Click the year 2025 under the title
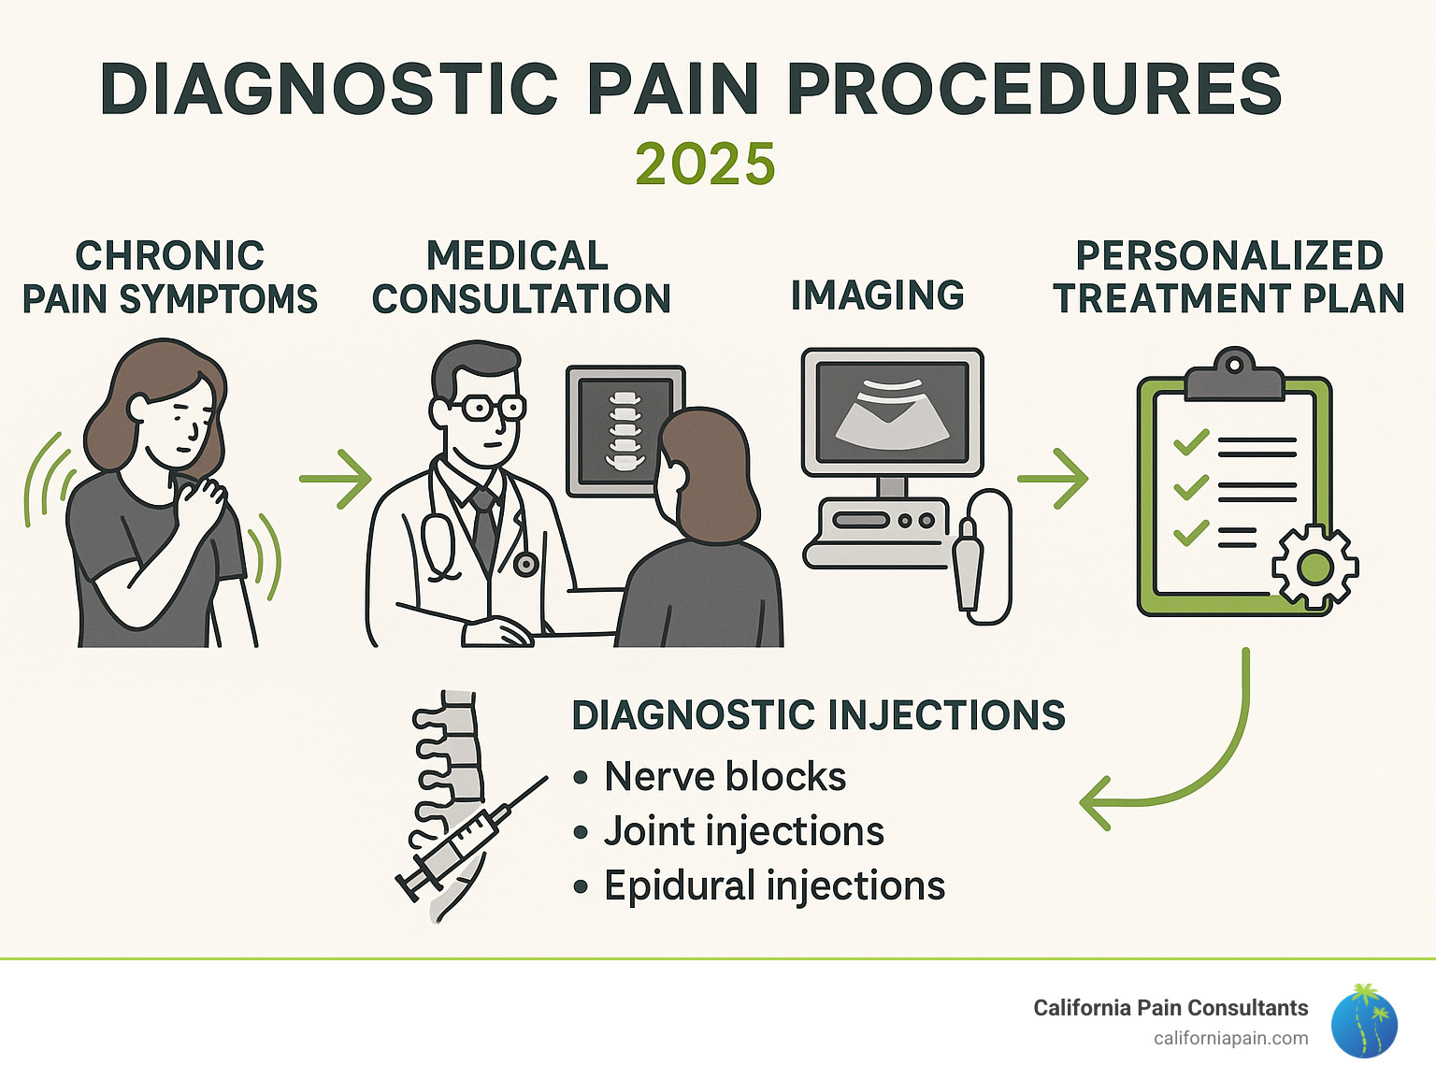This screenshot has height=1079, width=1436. coord(705,165)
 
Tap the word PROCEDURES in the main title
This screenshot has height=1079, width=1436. coord(1034,90)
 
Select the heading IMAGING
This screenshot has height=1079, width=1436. coord(877,295)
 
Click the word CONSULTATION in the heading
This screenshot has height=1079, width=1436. coord(522,299)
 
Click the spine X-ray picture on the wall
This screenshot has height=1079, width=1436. coord(624,429)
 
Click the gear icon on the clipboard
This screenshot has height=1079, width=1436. coord(1315,567)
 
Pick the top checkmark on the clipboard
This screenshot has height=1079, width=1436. coord(1190,442)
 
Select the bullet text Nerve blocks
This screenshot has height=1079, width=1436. coord(725,777)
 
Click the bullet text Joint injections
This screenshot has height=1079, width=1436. coord(743,831)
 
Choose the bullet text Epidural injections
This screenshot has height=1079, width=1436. coord(774,885)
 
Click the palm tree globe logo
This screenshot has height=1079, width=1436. coord(1364,1021)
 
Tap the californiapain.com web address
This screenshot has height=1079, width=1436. coord(1230,1038)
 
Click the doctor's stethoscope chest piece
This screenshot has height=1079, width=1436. coord(525,564)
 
